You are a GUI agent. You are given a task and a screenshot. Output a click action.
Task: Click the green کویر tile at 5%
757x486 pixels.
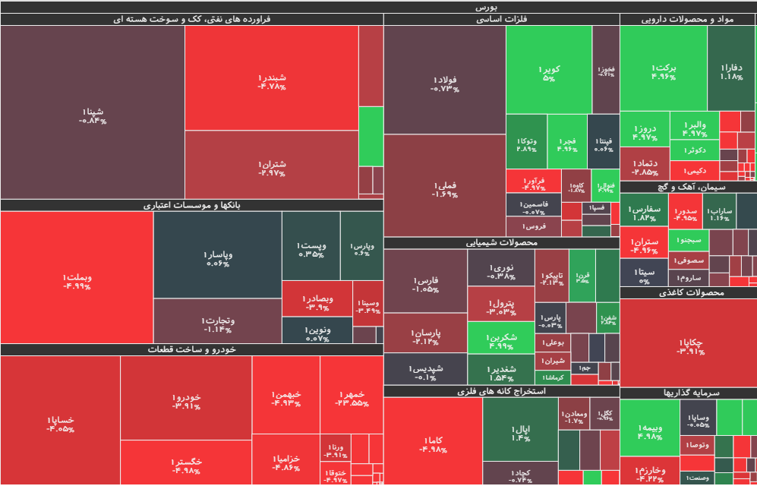[549, 72]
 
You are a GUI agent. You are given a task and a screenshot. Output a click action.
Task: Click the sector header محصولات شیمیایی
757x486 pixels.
[501, 243]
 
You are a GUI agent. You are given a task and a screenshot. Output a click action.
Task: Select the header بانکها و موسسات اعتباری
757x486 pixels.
[191, 205]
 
